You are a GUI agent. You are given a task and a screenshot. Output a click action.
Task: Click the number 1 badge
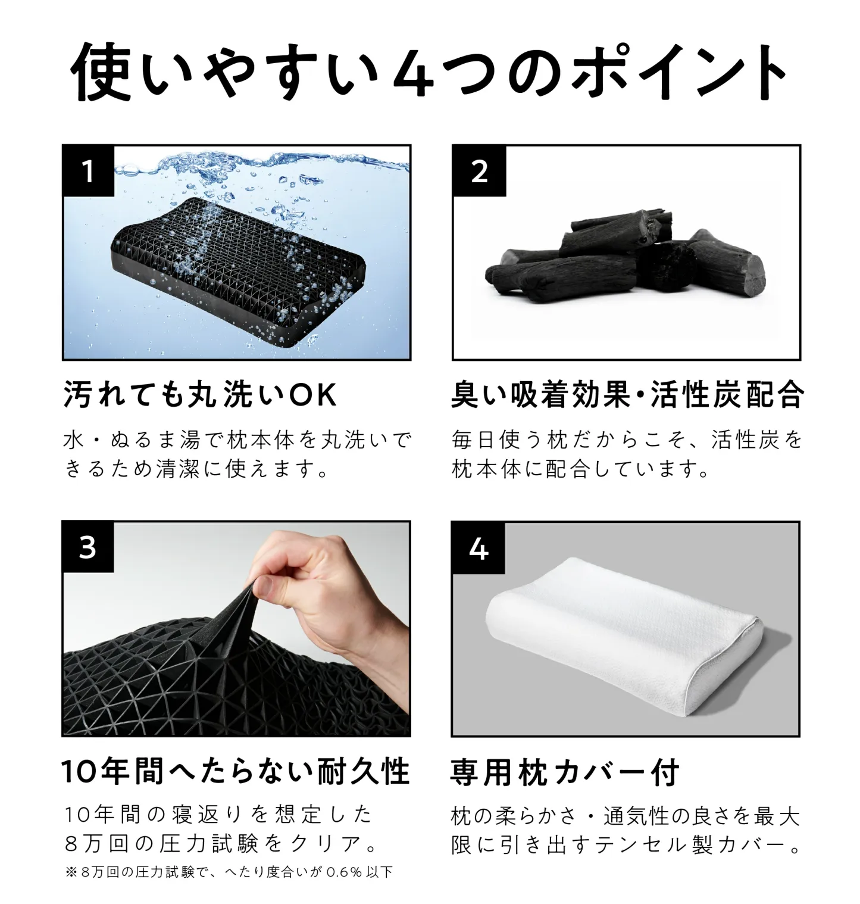pos(88,171)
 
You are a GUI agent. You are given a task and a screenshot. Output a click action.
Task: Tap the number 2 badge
pos(479,171)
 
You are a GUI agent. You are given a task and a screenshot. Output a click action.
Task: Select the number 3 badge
pos(88,547)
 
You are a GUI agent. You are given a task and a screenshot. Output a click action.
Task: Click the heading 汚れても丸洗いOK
pos(200,395)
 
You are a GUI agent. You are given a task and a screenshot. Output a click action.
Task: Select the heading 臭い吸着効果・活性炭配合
pos(627,395)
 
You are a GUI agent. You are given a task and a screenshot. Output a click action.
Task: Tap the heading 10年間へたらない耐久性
pos(236,772)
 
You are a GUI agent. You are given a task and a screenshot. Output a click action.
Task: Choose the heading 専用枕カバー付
pos(565,772)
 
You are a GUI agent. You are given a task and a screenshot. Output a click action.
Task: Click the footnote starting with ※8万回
pos(229,872)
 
